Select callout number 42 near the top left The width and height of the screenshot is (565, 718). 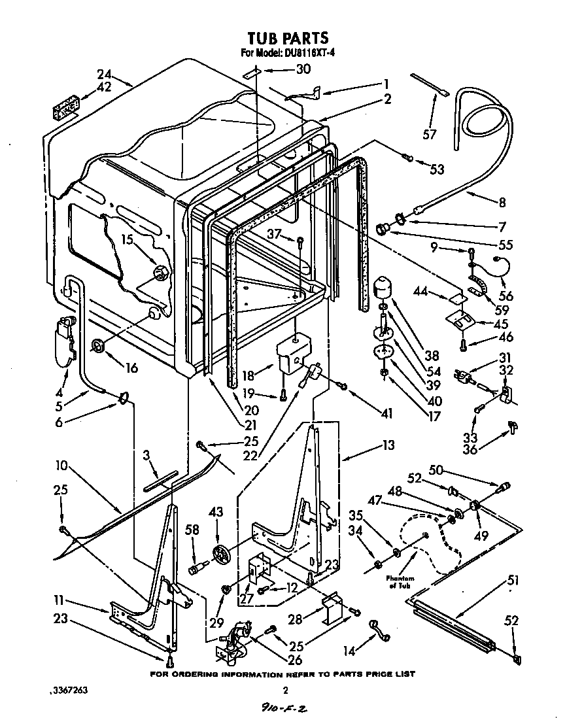[x=104, y=86]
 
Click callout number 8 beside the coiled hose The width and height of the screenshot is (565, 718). [x=502, y=202]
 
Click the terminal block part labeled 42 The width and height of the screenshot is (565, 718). [x=65, y=108]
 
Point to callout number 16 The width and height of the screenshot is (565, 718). [x=131, y=368]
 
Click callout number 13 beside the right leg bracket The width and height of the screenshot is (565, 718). [x=388, y=445]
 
